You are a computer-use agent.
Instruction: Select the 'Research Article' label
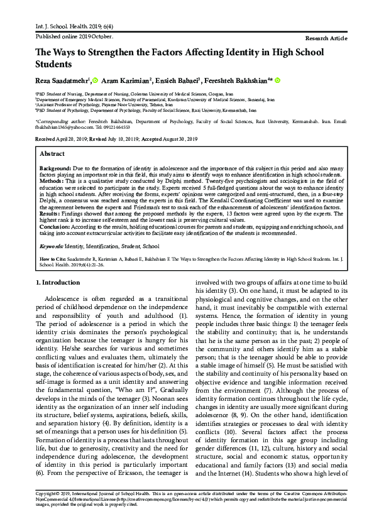(x=326, y=38)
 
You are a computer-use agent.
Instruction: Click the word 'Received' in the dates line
(x=45, y=138)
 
